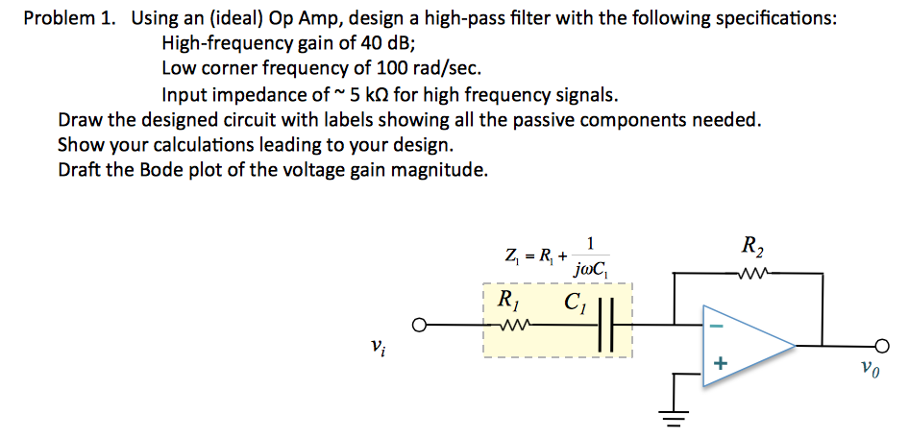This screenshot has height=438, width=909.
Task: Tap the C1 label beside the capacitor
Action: [576, 302]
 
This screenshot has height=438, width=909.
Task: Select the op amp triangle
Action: [745, 345]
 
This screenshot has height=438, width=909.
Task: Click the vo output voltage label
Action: [869, 368]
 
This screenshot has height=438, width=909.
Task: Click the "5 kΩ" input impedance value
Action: [375, 94]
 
